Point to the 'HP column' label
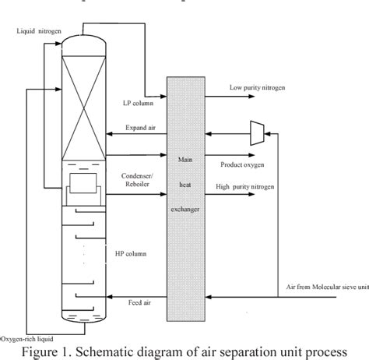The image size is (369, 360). (x=128, y=253)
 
